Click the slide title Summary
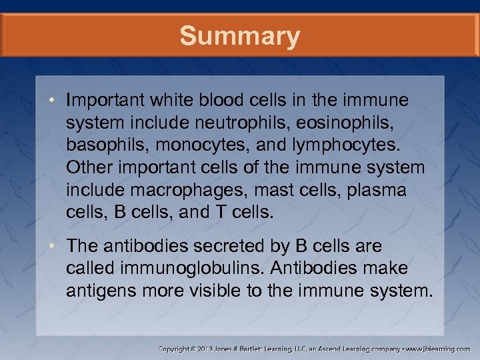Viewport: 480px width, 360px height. point(239,36)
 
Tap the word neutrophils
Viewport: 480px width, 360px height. point(255,121)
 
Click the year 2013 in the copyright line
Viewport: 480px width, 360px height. point(209,348)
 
